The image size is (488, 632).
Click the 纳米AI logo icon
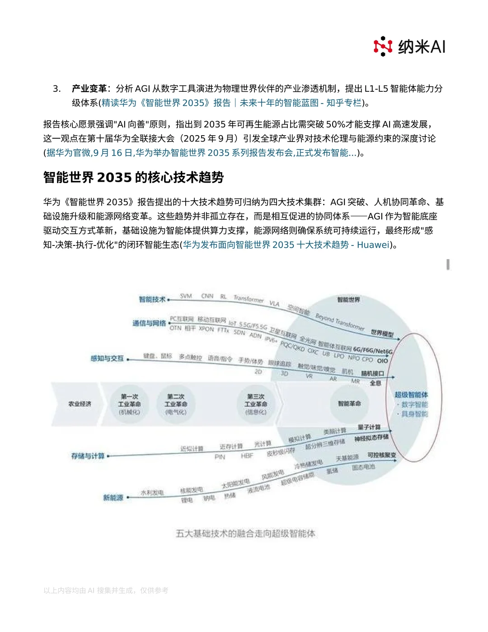383,46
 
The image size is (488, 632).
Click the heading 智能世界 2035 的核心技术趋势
133,177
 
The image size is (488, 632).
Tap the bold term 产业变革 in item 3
89,89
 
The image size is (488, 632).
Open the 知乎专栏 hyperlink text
344,103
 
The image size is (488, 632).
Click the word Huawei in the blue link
373,245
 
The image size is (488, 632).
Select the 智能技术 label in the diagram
152,299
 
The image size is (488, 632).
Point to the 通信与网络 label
149,323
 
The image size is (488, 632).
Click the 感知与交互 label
107,358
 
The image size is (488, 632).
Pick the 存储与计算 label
88,456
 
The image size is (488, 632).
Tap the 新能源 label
113,498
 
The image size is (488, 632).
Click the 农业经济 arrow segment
80,404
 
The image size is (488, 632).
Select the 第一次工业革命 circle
129,404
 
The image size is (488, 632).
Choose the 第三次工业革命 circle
256,404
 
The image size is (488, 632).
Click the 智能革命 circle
349,403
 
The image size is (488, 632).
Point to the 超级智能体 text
411,395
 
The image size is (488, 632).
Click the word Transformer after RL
249,299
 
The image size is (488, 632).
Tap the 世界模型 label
382,333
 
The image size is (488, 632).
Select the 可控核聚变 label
381,455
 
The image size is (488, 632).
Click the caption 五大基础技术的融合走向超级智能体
245,534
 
